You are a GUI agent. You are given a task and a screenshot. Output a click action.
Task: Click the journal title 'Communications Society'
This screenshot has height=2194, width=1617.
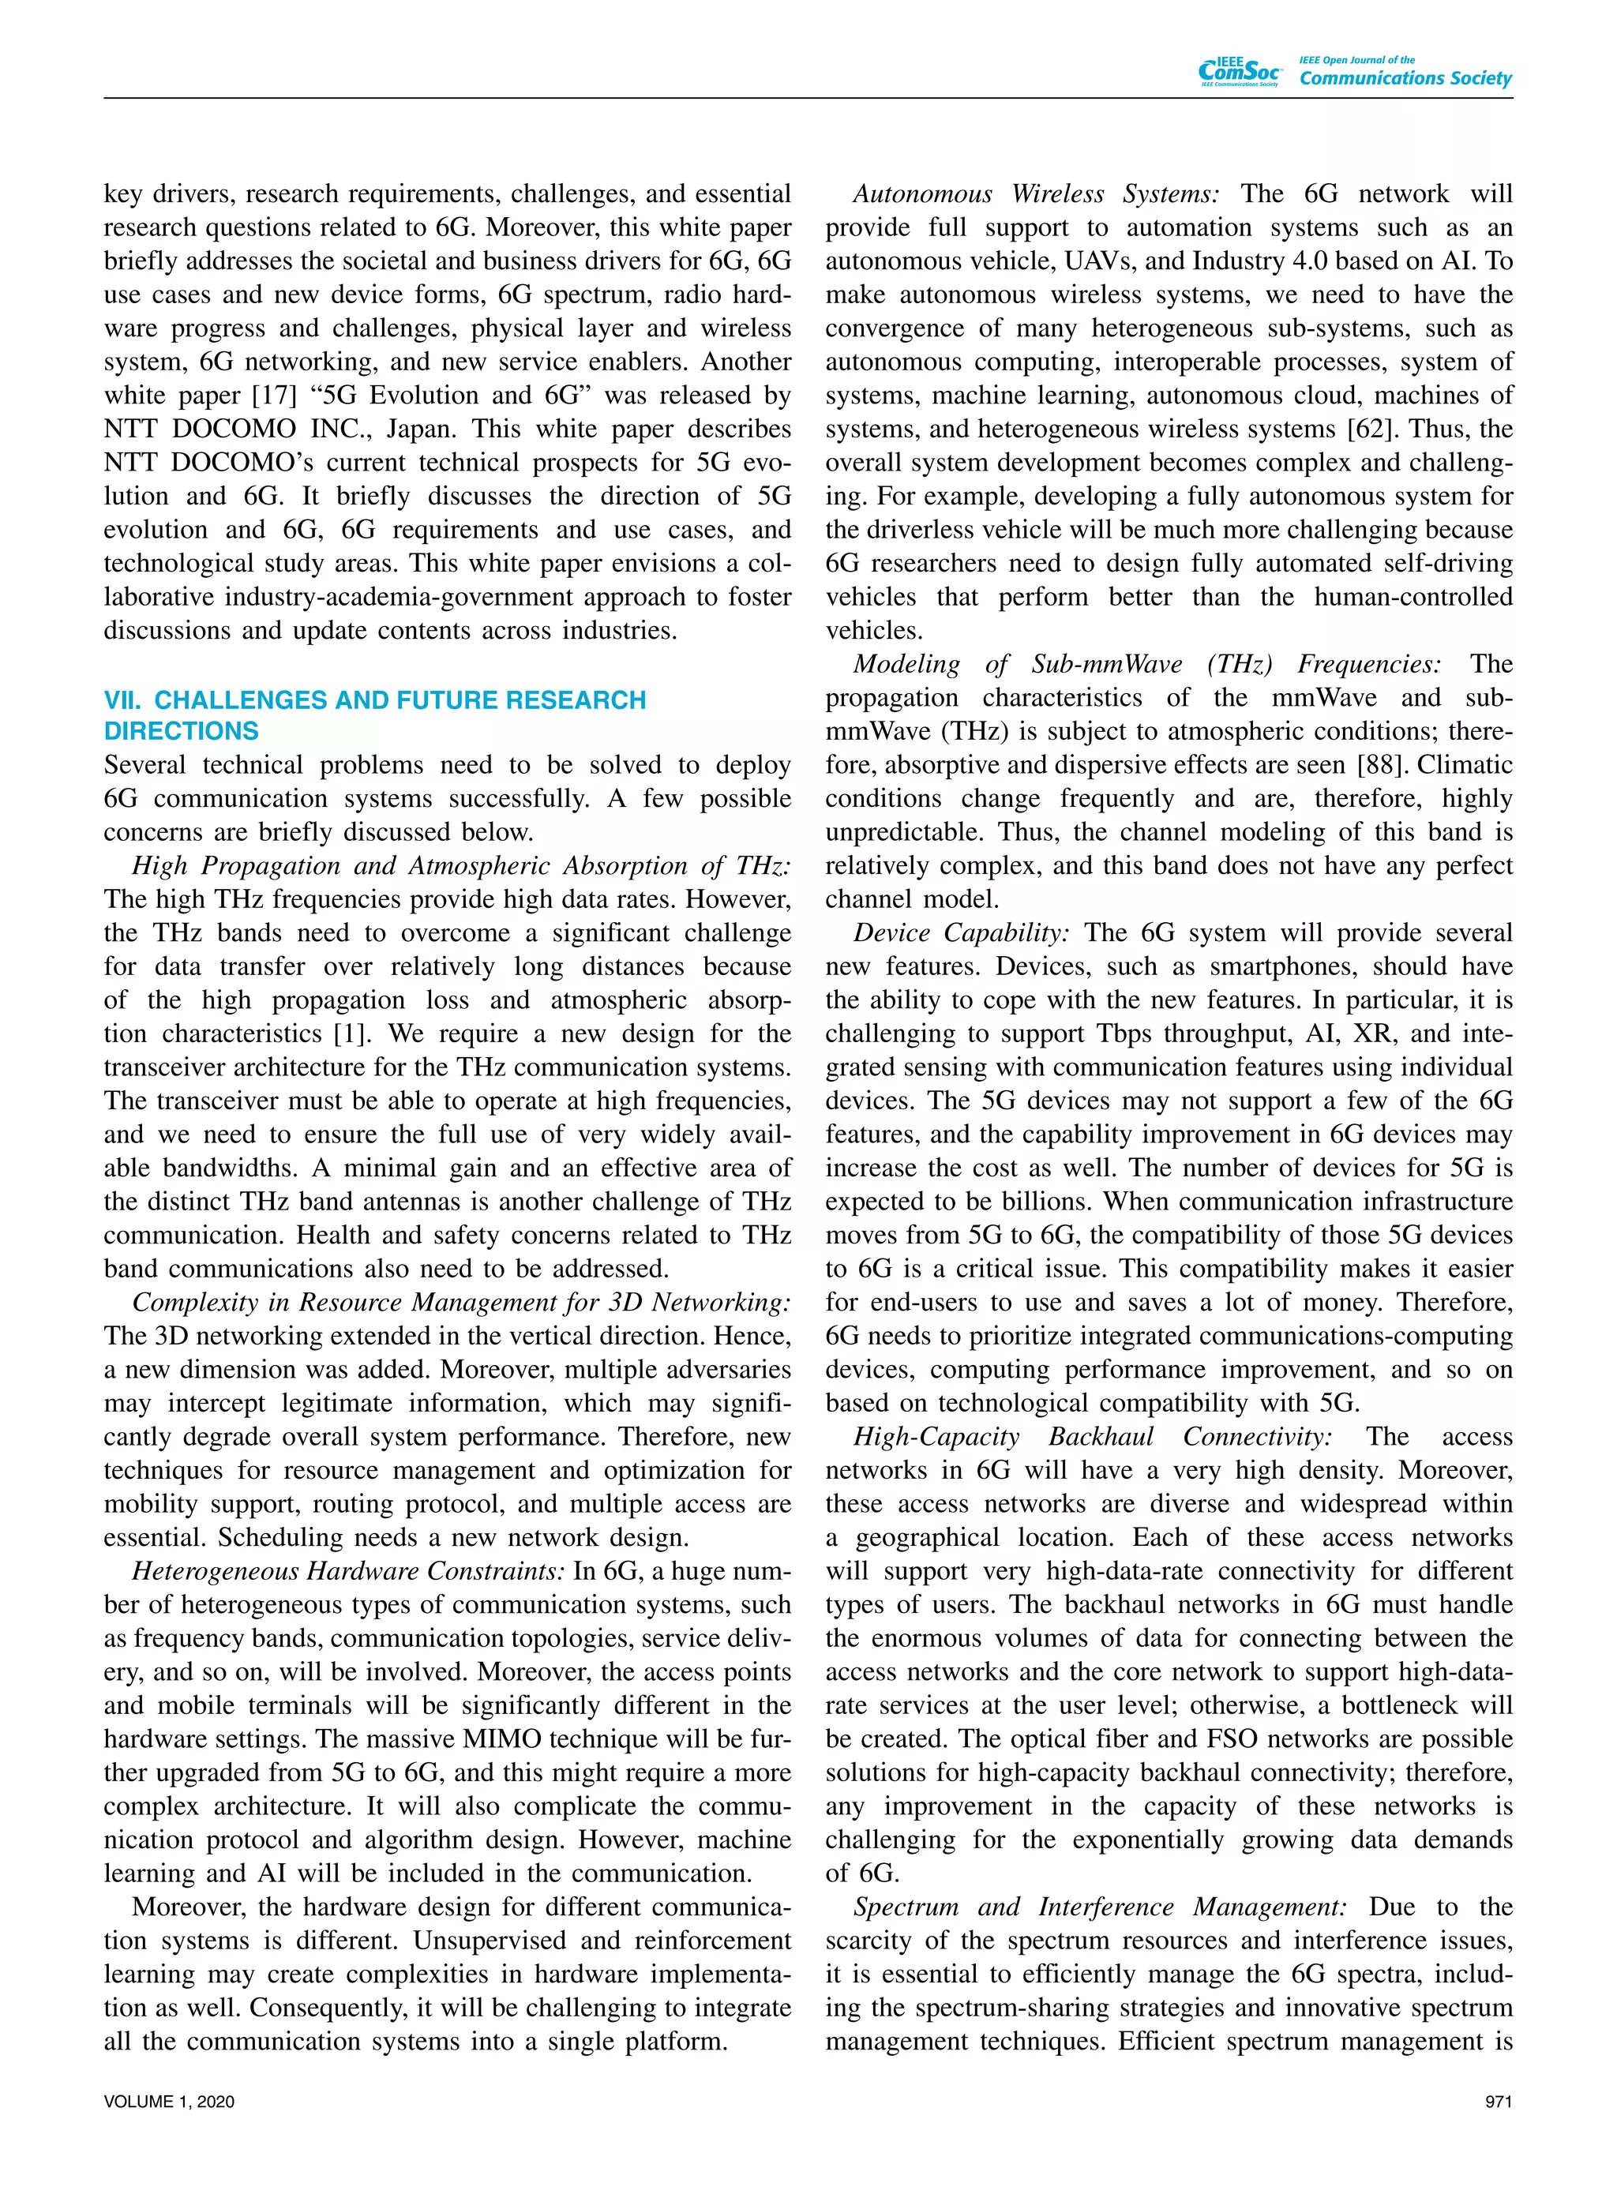point(1405,78)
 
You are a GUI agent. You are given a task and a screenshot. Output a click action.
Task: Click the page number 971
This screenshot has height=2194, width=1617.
point(1498,2101)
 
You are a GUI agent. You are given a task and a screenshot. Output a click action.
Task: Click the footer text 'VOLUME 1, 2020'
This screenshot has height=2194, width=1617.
point(169,2101)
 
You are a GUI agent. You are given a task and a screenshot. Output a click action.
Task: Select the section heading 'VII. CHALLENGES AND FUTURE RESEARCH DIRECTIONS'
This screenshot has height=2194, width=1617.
point(374,715)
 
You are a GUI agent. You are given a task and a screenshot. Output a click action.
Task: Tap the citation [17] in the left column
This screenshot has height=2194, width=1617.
point(276,396)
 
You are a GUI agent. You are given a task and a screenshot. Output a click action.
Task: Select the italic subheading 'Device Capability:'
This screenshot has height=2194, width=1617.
point(961,934)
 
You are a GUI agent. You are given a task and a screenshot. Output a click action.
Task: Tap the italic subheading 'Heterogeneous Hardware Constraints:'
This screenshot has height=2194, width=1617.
point(347,1572)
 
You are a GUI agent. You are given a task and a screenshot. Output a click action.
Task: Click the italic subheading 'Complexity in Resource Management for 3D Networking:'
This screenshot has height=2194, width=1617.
point(461,1303)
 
